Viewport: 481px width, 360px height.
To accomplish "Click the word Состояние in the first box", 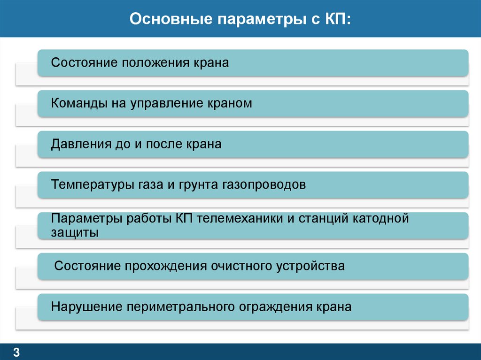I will [x=84, y=63].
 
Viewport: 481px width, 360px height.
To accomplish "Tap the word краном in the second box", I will [x=229, y=103].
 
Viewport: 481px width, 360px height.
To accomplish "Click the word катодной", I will [x=380, y=219].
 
